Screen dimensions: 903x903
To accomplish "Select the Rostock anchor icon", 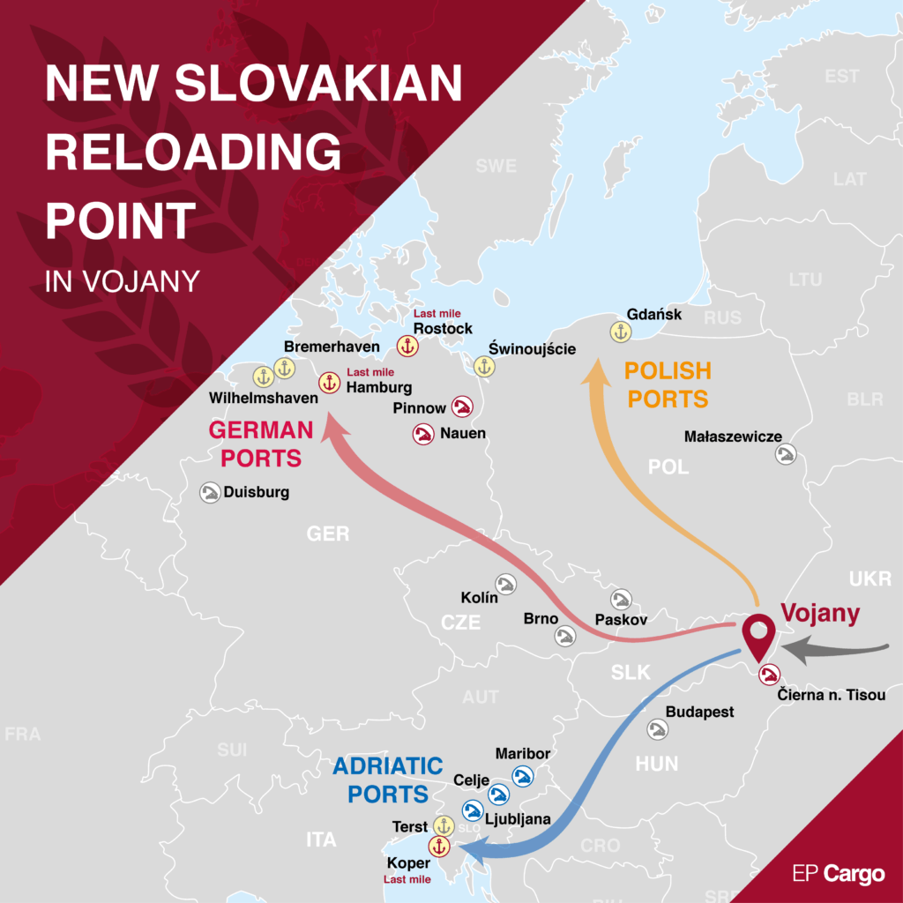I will (407, 347).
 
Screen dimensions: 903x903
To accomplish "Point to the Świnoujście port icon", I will (483, 367).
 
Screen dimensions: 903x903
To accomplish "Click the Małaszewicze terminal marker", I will (786, 454).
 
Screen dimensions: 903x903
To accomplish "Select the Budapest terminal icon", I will (657, 730).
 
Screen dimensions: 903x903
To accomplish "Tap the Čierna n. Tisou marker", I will (770, 675).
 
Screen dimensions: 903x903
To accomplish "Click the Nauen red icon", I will (423, 434).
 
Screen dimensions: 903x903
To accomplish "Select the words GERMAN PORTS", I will (261, 444).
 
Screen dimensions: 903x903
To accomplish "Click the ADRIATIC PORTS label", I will (387, 780).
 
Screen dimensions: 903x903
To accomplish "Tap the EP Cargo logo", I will (838, 874).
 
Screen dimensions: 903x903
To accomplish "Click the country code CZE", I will (460, 623).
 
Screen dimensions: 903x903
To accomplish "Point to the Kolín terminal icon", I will (506, 584).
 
